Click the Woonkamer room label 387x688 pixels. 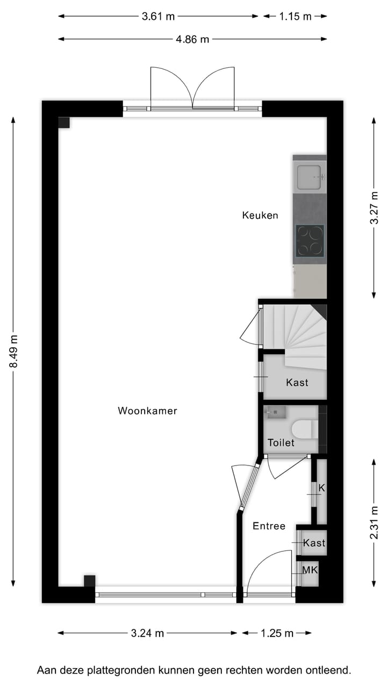pyautogui.click(x=147, y=411)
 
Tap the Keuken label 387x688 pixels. pyautogui.click(x=260, y=216)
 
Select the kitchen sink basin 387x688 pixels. pyautogui.click(x=310, y=177)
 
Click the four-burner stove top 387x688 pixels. pyautogui.click(x=310, y=240)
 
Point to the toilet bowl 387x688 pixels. pyautogui.click(x=302, y=429)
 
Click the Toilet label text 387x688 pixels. pyautogui.click(x=281, y=443)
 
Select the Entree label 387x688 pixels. pyautogui.click(x=269, y=526)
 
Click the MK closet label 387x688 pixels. pyautogui.click(x=310, y=569)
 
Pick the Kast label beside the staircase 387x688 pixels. pyautogui.click(x=297, y=383)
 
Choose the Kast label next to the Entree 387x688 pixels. pyautogui.click(x=314, y=543)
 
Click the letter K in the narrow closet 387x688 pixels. pyautogui.click(x=322, y=488)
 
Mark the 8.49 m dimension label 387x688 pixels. pyautogui.click(x=14, y=352)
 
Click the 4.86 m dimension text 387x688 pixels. pyautogui.click(x=192, y=39)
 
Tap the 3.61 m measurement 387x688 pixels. pyautogui.click(x=159, y=16)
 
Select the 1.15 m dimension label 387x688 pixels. pyautogui.click(x=295, y=16)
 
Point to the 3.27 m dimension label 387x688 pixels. pyautogui.click(x=374, y=207)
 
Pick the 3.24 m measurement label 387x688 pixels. pyautogui.click(x=147, y=633)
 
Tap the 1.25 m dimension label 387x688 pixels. pyautogui.click(x=277, y=633)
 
